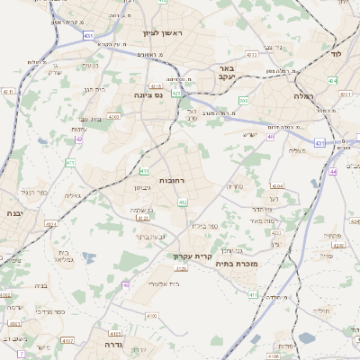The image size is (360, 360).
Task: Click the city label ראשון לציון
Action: (x=162, y=33)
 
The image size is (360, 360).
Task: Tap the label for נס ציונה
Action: (x=147, y=94)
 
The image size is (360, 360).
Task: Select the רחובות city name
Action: (x=171, y=181)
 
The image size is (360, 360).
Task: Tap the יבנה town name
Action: (x=13, y=213)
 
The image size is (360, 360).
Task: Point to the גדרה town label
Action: (x=113, y=344)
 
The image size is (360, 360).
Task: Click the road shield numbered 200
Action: (x=244, y=101)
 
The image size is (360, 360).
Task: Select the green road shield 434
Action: (x=333, y=81)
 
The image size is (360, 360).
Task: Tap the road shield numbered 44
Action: (x=332, y=171)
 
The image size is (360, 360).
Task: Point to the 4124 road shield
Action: (x=51, y=223)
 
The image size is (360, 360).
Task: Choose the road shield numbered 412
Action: (x=182, y=202)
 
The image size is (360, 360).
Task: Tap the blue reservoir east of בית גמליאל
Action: (x=88, y=259)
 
